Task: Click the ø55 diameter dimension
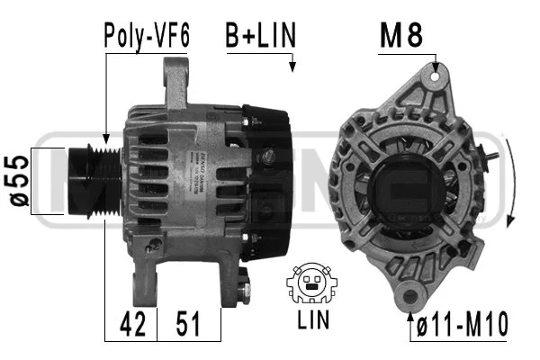19,183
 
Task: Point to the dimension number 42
132,323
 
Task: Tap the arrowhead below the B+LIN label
292,65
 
